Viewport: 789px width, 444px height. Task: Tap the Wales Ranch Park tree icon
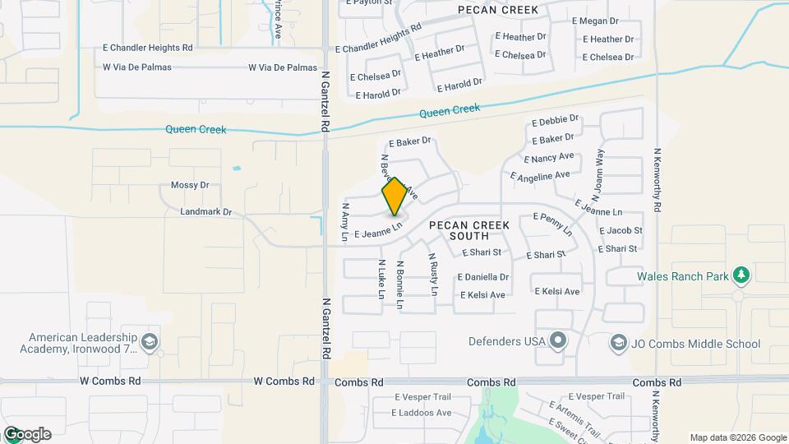pos(741,275)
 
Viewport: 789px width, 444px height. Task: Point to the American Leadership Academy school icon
pos(150,341)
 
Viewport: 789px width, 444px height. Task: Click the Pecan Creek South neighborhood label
pos(468,230)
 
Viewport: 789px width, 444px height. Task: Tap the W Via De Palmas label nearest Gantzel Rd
pos(282,67)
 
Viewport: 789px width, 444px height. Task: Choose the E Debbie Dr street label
pos(556,121)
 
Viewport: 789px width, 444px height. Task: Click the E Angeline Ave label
pos(540,176)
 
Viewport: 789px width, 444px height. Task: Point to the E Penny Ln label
pos(553,224)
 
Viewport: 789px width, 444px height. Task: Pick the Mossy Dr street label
pos(190,186)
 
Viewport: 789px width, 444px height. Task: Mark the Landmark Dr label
pos(205,212)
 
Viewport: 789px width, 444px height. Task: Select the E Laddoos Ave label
pos(423,413)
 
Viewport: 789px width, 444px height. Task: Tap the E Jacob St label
pos(621,231)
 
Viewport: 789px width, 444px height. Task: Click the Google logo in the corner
pos(27,434)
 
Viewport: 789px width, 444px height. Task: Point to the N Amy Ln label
pos(345,222)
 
